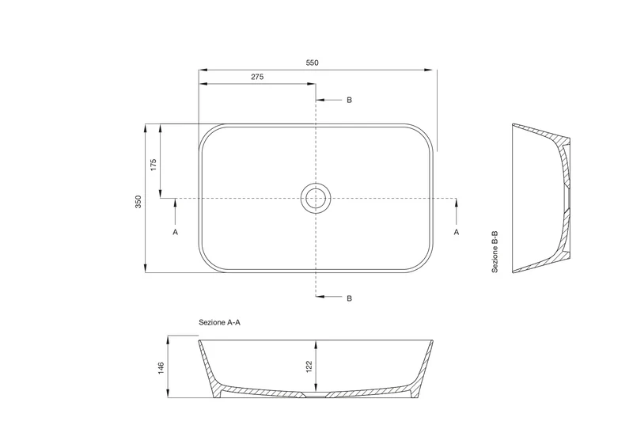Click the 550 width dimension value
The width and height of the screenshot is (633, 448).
312,63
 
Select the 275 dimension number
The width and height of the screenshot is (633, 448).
257,77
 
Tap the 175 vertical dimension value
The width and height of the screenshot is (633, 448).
153,165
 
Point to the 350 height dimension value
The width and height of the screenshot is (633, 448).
138,202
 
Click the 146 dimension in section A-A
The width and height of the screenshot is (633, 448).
161,368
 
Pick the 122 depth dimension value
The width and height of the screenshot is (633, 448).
309,366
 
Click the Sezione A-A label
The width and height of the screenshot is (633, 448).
219,322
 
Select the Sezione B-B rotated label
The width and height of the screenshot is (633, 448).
495,252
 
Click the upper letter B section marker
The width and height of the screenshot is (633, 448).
349,100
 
